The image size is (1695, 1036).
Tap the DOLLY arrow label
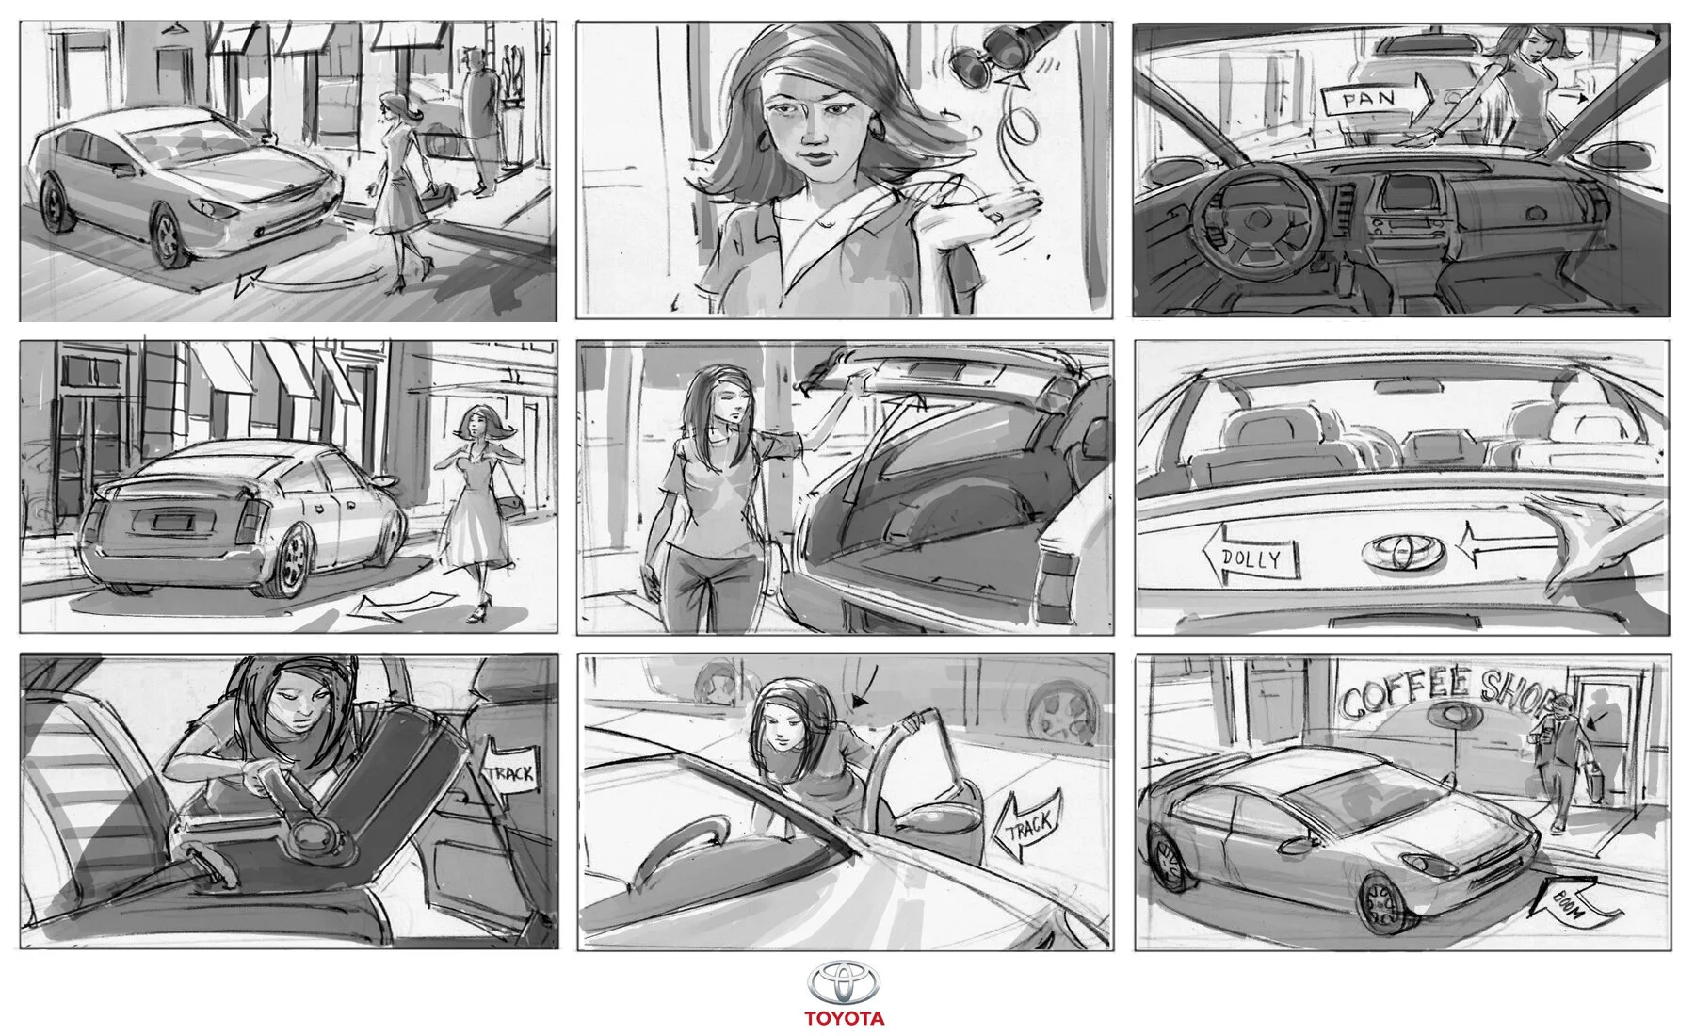pos(1251,558)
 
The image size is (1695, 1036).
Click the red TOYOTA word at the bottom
pos(844,1018)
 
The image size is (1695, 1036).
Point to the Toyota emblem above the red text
pos(844,983)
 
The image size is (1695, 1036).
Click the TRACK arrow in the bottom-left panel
pos(509,773)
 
